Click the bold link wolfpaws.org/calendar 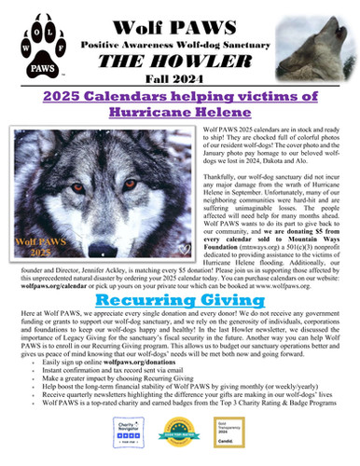(56, 288)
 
